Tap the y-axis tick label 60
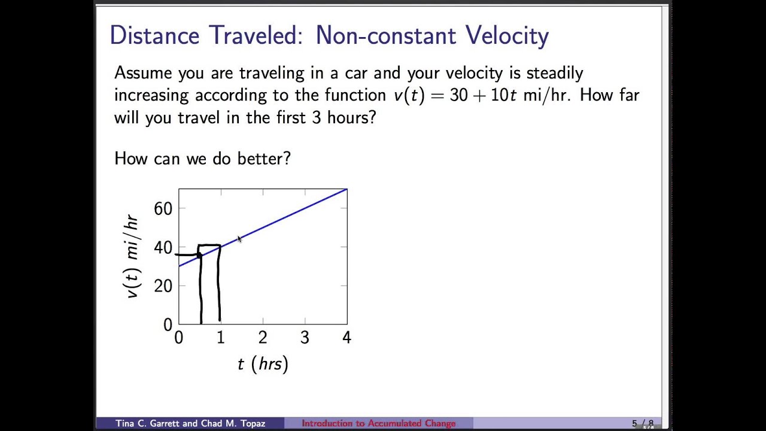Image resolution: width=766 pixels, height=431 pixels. pyautogui.click(x=163, y=208)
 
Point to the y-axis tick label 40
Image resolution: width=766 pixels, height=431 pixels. pyautogui.click(x=163, y=247)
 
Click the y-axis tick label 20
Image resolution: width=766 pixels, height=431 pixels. pyautogui.click(x=163, y=286)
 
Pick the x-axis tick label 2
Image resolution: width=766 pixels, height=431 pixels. pyautogui.click(x=263, y=338)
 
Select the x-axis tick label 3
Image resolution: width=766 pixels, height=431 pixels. pyautogui.click(x=305, y=338)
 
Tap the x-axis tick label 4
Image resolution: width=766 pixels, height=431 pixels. pyautogui.click(x=346, y=338)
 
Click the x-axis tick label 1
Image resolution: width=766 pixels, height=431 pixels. pyautogui.click(x=221, y=338)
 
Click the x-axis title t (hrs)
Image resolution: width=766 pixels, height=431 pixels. pyautogui.click(x=263, y=364)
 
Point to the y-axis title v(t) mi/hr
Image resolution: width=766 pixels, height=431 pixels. pyautogui.click(x=132, y=257)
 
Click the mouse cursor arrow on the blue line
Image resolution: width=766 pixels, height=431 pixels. pyautogui.click(x=239, y=239)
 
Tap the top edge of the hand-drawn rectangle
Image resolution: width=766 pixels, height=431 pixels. pyautogui.click(x=209, y=245)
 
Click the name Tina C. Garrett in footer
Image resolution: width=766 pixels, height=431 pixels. pyautogui.click(x=148, y=423)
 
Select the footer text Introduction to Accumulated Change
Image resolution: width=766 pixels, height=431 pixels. pyautogui.click(x=378, y=423)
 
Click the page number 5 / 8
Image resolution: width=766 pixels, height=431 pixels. pyautogui.click(x=643, y=423)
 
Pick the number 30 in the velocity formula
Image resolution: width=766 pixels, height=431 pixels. pyautogui.click(x=458, y=95)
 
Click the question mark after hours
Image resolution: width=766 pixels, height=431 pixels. pyautogui.click(x=372, y=117)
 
